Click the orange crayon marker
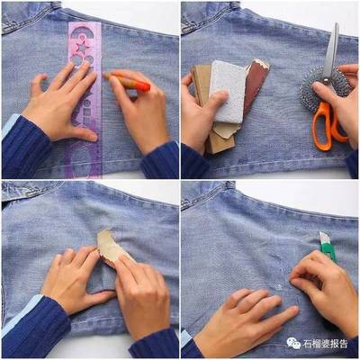[x=128, y=82]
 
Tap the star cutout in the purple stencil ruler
[x=82, y=48]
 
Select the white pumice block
[x=227, y=92]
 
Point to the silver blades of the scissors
[x=331, y=51]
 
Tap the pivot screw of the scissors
[x=326, y=80]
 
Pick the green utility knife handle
[x=328, y=247]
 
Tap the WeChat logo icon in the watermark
[x=293, y=343]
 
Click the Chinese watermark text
[x=325, y=343]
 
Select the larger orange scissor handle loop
[x=321, y=126]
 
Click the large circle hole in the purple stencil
[x=76, y=60]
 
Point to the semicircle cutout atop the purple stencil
[x=82, y=32]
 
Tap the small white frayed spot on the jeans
[x=280, y=286]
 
